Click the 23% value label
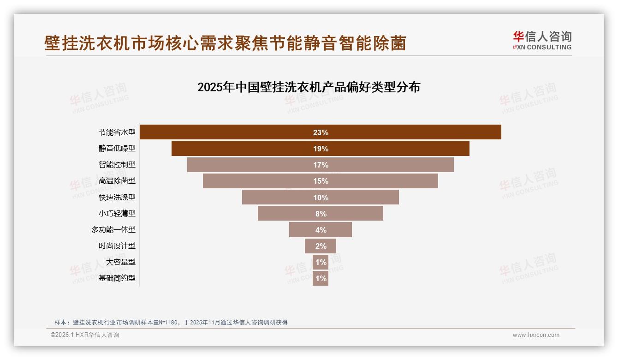click(x=321, y=132)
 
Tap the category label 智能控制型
click(x=117, y=165)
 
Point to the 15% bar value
click(x=321, y=181)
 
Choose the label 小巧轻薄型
click(x=117, y=213)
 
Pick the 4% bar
click(x=321, y=230)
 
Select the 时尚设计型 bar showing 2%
click(x=321, y=246)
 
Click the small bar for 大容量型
click(x=321, y=262)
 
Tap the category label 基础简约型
click(x=117, y=278)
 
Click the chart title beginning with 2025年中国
click(x=309, y=87)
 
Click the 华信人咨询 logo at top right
click(x=542, y=40)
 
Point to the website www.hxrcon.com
click(x=536, y=335)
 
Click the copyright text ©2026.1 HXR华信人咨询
click(x=85, y=335)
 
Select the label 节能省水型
click(x=117, y=132)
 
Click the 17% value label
click(x=321, y=165)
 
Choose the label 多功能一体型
click(x=113, y=230)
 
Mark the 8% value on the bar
click(x=321, y=214)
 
